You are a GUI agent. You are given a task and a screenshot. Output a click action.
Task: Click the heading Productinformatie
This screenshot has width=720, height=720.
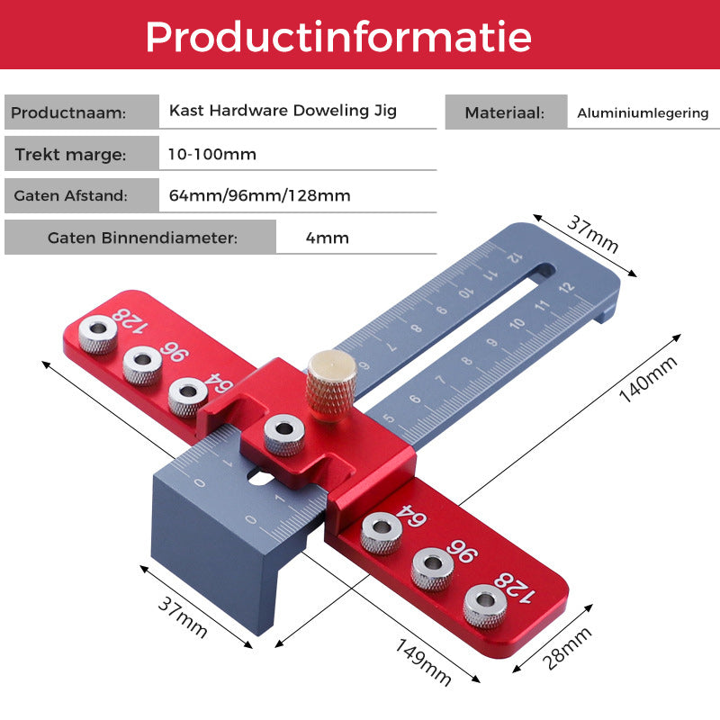pyautogui.click(x=338, y=37)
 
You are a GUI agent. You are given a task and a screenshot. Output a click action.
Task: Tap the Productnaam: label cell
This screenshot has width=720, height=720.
pyautogui.click(x=82, y=112)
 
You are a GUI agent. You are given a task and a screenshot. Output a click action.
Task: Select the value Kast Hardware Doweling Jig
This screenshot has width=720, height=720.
pyautogui.click(x=283, y=111)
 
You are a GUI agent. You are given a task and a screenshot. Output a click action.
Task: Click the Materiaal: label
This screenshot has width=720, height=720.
pyautogui.click(x=506, y=112)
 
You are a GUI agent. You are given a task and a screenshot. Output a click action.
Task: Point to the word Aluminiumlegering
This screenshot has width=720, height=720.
pyautogui.click(x=643, y=113)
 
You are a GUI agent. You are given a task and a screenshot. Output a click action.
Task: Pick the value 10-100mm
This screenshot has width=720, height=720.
pyautogui.click(x=212, y=154)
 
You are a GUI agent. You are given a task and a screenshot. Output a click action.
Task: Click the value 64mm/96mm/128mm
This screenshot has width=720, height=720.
pyautogui.click(x=259, y=195)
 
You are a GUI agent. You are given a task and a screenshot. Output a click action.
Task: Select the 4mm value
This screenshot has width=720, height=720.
pyautogui.click(x=328, y=238)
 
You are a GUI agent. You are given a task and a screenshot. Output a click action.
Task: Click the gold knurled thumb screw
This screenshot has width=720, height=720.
pyautogui.click(x=331, y=385)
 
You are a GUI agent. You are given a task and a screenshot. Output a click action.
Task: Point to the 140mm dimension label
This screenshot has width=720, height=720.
pyautogui.click(x=648, y=379)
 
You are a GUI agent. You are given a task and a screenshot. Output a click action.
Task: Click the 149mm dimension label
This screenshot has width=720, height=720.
pyautogui.click(x=423, y=662)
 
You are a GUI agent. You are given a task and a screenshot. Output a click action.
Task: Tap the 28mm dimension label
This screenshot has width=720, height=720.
pyautogui.click(x=567, y=648)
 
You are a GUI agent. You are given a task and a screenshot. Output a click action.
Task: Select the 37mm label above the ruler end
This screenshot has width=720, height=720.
pyautogui.click(x=593, y=234)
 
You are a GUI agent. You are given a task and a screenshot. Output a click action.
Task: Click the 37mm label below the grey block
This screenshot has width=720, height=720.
pyautogui.click(x=183, y=616)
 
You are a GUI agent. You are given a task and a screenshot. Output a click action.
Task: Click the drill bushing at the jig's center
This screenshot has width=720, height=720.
pyautogui.click(x=284, y=435)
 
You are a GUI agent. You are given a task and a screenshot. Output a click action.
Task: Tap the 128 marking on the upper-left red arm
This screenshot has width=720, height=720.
pyautogui.click(x=130, y=321)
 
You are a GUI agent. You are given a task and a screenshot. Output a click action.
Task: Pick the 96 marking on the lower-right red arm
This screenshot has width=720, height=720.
pyautogui.click(x=463, y=551)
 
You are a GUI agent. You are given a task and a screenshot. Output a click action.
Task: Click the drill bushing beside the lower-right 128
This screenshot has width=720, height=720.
pyautogui.click(x=485, y=606)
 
